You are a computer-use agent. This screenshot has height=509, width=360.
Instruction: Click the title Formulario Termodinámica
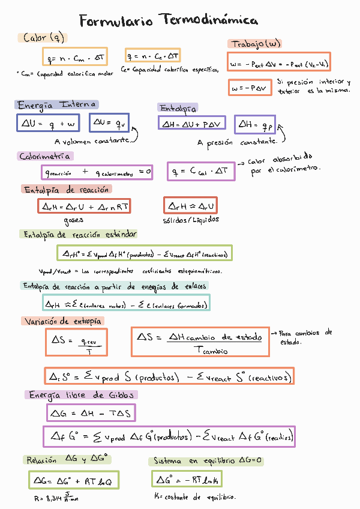169,21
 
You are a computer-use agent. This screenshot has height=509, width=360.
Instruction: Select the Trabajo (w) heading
254,44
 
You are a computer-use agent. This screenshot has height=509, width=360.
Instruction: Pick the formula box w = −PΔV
249,88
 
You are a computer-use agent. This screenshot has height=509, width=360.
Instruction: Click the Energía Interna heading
56,105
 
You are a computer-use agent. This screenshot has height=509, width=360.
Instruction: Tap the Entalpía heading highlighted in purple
178,108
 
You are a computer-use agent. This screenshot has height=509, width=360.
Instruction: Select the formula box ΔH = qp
254,125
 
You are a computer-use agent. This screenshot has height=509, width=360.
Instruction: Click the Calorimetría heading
46,156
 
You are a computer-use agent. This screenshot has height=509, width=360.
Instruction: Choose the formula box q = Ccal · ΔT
200,172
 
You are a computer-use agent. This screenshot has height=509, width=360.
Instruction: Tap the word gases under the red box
73,220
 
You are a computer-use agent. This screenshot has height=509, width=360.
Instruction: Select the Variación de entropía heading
63,321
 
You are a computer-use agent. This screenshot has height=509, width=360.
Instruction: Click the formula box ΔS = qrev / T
76,342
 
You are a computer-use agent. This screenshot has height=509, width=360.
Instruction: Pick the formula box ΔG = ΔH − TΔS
91,413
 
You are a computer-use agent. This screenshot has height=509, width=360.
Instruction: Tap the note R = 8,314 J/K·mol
56,498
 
